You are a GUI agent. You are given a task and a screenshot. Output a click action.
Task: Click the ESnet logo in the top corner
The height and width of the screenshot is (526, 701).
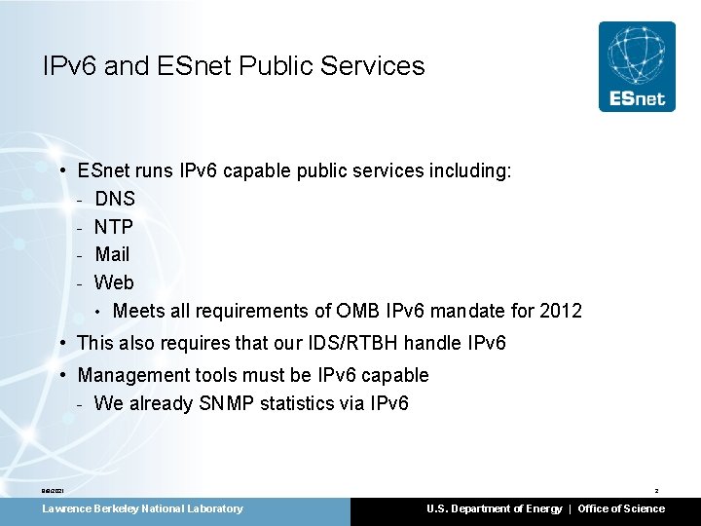coord(637,66)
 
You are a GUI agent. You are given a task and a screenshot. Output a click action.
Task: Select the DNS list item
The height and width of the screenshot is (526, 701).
coord(115,199)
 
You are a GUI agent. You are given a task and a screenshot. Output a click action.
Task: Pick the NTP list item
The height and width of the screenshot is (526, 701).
coord(114,227)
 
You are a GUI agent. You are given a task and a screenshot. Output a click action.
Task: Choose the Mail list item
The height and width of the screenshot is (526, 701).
coord(112,254)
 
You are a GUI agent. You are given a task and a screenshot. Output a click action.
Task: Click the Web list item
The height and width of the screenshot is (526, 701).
coord(114,282)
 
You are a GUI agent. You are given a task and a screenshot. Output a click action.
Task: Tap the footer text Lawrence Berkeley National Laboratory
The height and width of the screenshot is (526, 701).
coord(142,508)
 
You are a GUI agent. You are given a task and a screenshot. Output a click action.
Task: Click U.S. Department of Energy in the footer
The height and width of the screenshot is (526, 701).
coord(494,508)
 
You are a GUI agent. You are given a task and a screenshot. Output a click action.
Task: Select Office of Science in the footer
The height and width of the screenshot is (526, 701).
coord(621,508)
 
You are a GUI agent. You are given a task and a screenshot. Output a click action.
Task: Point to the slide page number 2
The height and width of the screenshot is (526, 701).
coord(656,490)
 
